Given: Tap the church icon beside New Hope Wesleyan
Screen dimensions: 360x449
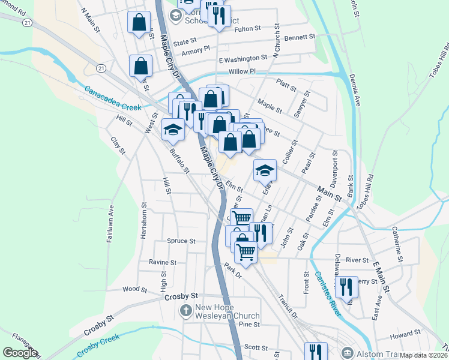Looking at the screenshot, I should point(186,311).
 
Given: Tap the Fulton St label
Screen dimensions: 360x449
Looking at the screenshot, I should point(248,28).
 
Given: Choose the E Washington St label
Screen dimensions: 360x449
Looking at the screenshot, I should point(243,58).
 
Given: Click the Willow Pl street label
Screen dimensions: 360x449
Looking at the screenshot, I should point(242,71).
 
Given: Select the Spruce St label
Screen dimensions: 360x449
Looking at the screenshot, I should point(181,241).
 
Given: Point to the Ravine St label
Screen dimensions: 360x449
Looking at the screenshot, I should point(163,262).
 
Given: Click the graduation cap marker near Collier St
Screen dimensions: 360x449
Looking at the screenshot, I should point(265,170).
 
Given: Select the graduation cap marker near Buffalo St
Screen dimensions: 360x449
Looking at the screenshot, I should point(173,128).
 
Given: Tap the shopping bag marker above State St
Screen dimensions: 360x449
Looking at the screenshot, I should point(139,23).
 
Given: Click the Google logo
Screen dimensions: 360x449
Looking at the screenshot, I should point(20,353).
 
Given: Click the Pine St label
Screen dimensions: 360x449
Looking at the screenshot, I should point(249,325).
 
